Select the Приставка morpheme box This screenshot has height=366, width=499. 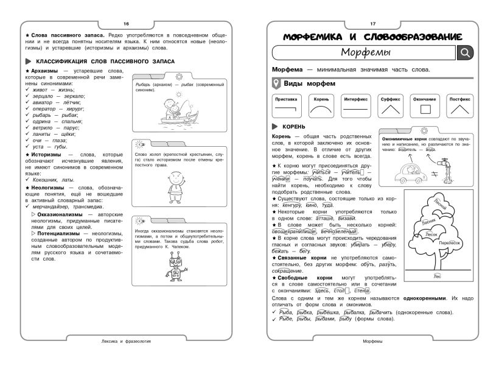(286, 105)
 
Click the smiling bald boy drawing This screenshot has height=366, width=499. (177, 183)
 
